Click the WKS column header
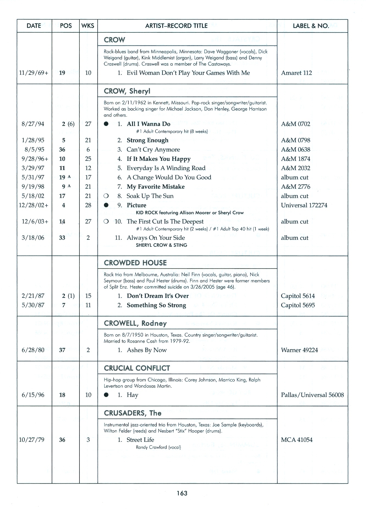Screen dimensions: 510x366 88,26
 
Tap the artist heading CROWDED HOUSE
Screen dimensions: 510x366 135,263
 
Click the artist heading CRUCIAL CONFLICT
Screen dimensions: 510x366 137,368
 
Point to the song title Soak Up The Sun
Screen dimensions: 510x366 150,196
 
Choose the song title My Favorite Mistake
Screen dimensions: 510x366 156,187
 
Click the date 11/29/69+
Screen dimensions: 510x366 34,73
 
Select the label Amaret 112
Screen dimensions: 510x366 296,73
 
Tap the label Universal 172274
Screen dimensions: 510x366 304,205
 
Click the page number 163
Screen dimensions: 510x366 182,493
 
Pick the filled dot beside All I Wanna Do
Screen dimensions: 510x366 106,124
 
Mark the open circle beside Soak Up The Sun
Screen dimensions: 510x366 106,196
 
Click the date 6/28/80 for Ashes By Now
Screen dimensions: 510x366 33,350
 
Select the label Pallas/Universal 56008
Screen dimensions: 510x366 312,395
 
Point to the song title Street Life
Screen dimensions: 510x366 140,440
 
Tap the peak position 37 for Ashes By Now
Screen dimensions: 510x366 62,350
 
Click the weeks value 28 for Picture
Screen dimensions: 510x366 88,205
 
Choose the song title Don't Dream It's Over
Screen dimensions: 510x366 158,296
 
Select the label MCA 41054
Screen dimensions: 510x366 297,440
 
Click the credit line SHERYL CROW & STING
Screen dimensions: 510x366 161,245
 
